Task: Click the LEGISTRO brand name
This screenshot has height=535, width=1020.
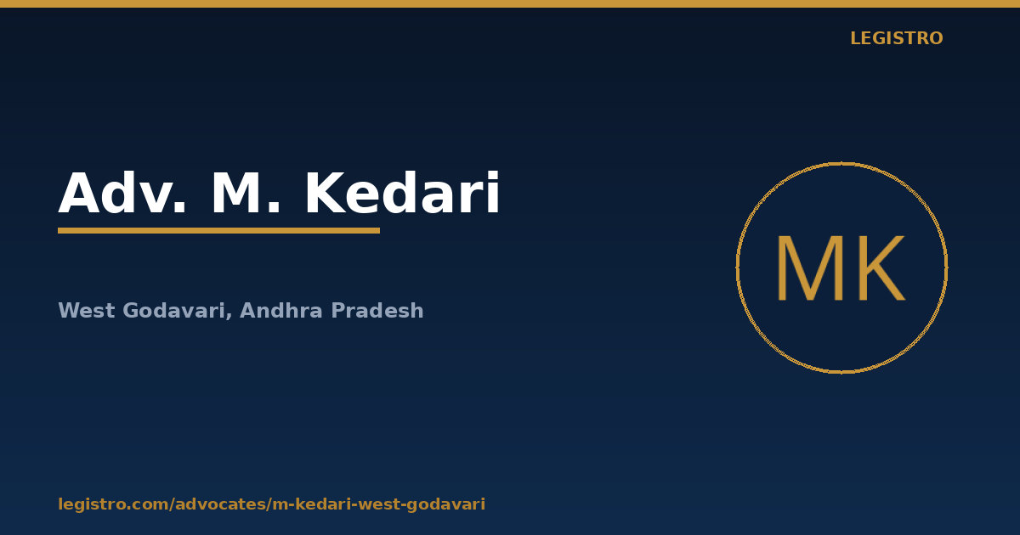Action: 897,38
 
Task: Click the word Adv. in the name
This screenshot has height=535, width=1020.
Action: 122,193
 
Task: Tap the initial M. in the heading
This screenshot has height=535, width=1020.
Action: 246,193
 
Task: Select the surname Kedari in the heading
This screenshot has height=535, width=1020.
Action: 403,193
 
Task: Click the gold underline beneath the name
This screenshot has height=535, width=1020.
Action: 219,231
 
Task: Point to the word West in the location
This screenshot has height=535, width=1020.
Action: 87,310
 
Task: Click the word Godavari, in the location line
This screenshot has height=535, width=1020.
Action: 178,311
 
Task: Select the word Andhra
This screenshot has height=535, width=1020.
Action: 281,310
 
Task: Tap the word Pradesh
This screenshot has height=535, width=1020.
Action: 377,310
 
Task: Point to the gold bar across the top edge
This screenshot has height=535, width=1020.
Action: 510,3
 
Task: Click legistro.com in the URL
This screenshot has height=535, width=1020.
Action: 114,504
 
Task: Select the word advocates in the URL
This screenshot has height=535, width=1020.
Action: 221,504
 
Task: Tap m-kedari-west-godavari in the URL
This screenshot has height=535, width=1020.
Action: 379,504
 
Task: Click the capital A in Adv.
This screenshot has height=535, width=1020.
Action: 79,193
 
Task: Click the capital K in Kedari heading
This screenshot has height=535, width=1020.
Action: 325,193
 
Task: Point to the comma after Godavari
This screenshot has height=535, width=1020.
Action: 229,315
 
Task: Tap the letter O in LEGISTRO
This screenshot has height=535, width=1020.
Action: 935,38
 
